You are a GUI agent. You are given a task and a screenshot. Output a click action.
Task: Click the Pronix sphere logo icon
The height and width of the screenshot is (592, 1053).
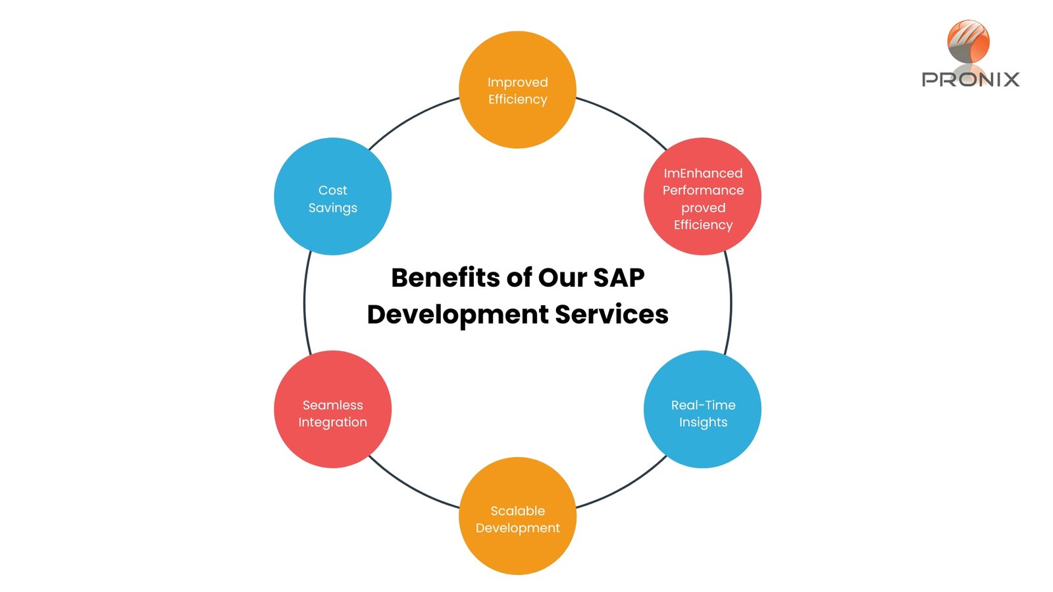tap(968, 41)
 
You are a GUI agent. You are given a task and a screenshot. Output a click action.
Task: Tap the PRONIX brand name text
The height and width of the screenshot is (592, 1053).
tap(970, 80)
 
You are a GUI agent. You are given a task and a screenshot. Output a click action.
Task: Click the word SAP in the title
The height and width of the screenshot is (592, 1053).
tap(618, 278)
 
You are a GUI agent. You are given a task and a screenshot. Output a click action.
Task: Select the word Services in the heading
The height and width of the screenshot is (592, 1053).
tap(611, 314)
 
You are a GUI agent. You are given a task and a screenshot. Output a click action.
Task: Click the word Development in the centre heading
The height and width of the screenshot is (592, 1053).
tap(457, 314)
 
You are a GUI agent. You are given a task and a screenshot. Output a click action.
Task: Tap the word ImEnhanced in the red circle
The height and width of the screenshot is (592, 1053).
tap(703, 173)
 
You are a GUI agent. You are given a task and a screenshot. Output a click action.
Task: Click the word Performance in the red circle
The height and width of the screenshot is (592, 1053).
tap(703, 190)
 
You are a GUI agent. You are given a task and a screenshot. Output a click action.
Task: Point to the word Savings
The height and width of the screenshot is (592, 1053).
tap(332, 208)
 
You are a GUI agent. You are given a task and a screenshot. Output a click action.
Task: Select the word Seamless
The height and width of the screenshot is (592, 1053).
tap(332, 405)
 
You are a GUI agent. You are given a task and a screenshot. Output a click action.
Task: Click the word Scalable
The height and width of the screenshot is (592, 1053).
tap(517, 511)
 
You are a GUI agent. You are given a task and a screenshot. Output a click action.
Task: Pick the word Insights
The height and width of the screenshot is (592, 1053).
tap(703, 422)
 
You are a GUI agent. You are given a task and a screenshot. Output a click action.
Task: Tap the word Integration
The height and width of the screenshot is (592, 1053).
tap(332, 422)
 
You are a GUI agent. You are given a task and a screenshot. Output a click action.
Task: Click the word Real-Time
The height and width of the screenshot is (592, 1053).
tap(703, 405)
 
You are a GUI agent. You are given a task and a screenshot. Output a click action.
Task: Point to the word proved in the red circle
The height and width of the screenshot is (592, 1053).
tap(703, 208)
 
